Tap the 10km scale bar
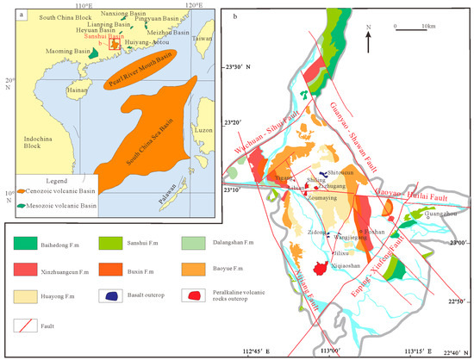[x=410, y=30]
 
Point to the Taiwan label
[x=201, y=39]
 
